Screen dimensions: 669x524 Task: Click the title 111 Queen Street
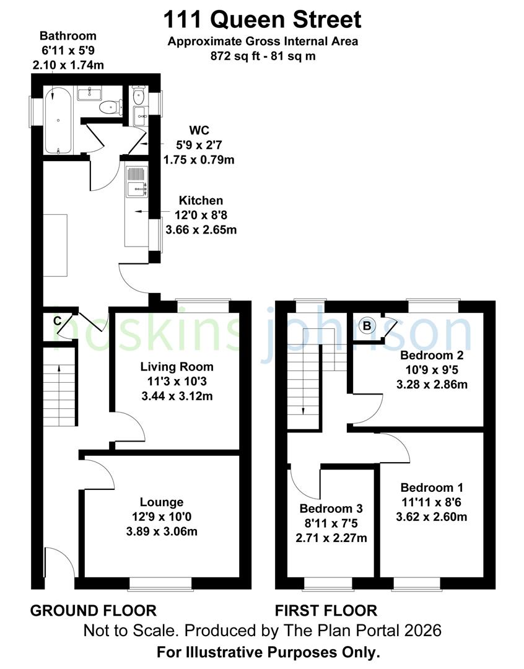(x=262, y=20)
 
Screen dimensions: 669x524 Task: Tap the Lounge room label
(x=161, y=502)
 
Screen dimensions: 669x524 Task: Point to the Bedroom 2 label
(x=432, y=356)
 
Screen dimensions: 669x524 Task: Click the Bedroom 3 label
(x=331, y=509)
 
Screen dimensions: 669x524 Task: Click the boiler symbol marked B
(x=367, y=325)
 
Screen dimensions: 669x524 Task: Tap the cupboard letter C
(x=57, y=321)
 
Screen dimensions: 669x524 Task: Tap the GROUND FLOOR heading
(x=93, y=611)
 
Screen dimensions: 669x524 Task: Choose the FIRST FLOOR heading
(x=326, y=611)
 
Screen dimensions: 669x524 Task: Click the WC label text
(x=199, y=131)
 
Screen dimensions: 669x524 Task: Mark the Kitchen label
(x=201, y=201)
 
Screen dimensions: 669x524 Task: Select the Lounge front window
(x=152, y=583)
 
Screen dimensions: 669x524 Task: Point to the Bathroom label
(x=68, y=35)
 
